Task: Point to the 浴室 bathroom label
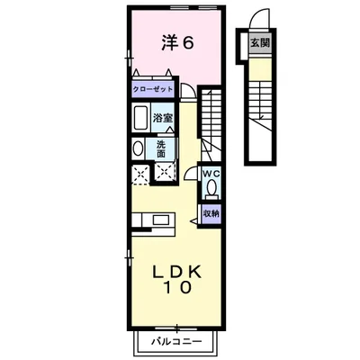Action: [x=162, y=118]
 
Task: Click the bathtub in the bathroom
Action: [x=141, y=118]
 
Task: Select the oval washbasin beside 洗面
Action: [x=138, y=149]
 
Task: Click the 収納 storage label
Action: [x=211, y=213]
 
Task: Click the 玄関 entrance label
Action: [x=259, y=42]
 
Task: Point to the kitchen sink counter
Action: [x=154, y=219]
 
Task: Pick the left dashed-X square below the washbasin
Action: [x=139, y=174]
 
